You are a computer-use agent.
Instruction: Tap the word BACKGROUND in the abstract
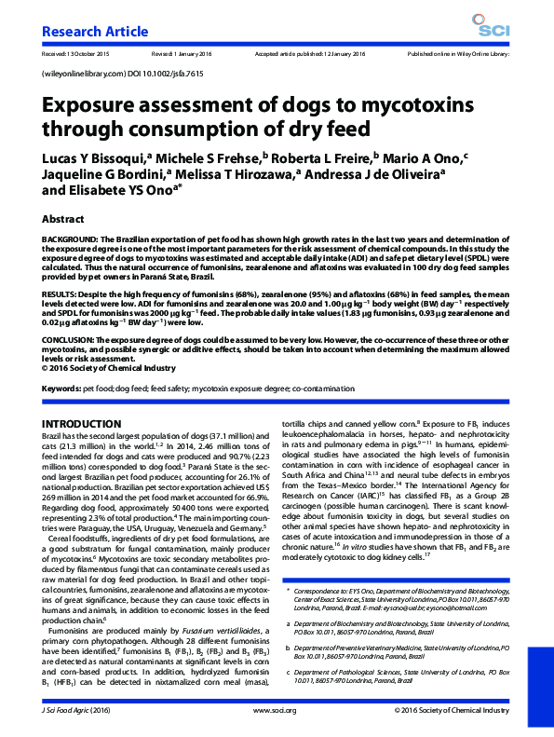(71, 239)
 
